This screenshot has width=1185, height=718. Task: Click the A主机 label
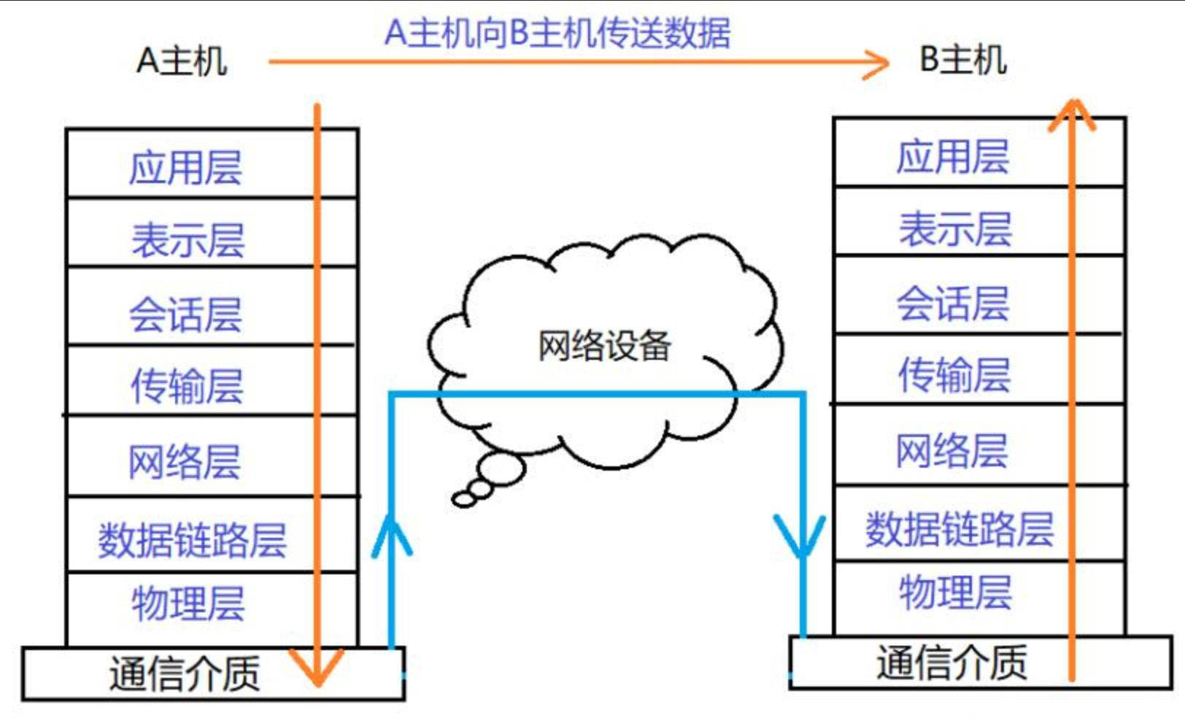pos(182,61)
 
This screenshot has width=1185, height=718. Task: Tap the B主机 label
pos(962,60)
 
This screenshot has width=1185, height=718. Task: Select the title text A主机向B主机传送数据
pos(557,33)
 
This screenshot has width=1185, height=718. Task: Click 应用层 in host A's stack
pos(185,168)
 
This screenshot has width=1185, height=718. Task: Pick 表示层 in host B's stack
pos(954,229)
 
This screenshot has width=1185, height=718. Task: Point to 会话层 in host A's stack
pos(185,314)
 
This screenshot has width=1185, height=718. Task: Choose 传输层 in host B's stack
pos(954,375)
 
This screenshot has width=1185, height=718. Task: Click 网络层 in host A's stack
pos(185,462)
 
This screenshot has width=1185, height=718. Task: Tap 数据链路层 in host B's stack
pos(959,529)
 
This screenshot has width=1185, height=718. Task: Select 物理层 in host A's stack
pos(188,603)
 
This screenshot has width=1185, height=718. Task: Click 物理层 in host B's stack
pos(954,592)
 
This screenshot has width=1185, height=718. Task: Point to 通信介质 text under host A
pos(185,673)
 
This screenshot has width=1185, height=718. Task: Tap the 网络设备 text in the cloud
pos(604,346)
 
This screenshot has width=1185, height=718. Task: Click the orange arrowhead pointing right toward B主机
pos(878,63)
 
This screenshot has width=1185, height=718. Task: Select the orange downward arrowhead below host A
pos(317,668)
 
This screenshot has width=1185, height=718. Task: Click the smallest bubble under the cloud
pos(463,499)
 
